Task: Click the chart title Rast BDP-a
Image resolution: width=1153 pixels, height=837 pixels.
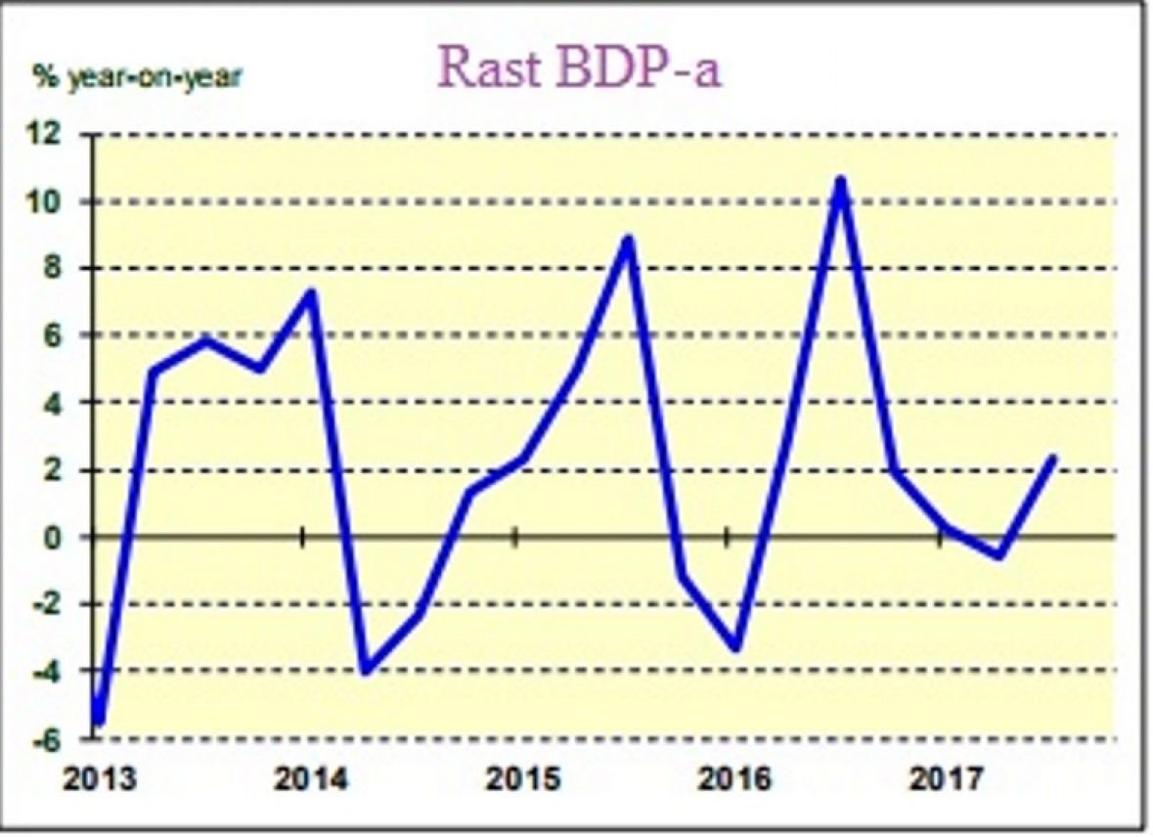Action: pyautogui.click(x=579, y=66)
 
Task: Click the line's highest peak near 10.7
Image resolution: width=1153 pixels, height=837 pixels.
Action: pyautogui.click(x=840, y=180)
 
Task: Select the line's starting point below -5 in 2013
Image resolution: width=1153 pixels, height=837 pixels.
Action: pyautogui.click(x=99, y=721)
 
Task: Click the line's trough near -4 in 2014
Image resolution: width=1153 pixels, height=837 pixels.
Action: pyautogui.click(x=366, y=672)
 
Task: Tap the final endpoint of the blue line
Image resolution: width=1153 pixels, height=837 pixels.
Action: pyautogui.click(x=1052, y=458)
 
